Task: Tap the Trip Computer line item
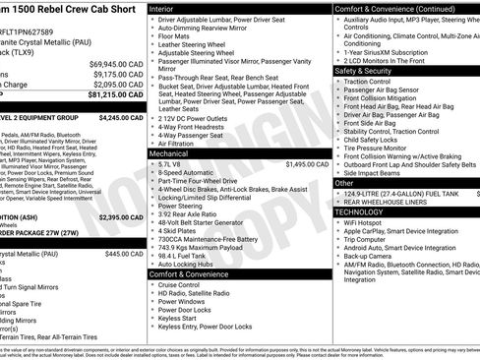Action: coord(369,238)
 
